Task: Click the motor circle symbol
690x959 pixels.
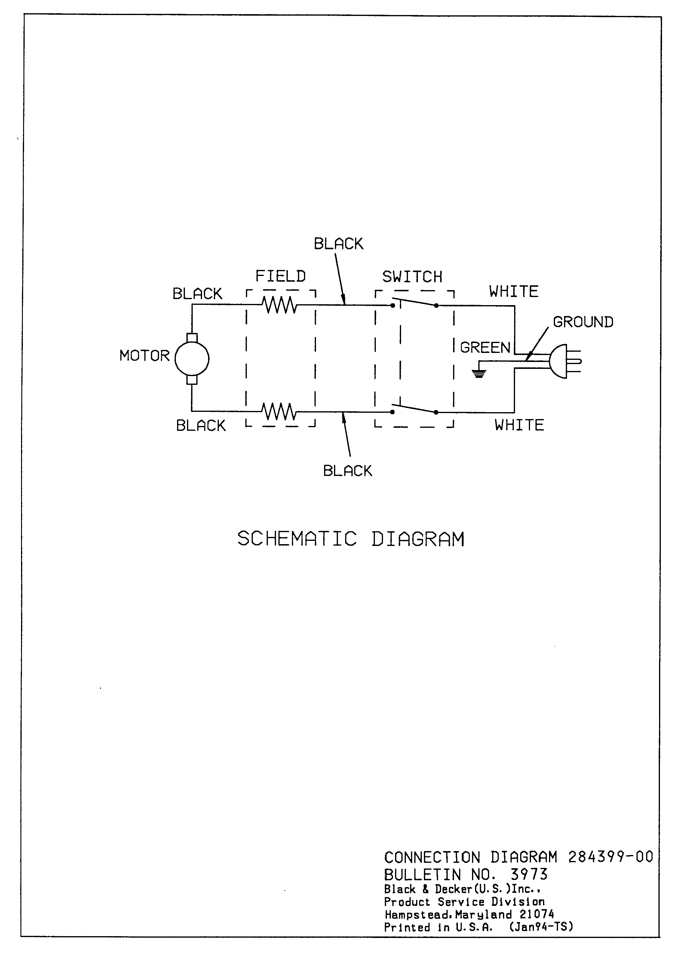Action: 192,359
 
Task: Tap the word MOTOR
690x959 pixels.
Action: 144,356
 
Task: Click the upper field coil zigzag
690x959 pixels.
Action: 279,305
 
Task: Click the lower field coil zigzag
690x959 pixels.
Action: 279,412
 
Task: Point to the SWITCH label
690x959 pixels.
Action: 412,277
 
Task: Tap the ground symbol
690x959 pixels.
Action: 479,373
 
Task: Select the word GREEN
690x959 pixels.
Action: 485,348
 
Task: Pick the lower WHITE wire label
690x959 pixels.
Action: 519,425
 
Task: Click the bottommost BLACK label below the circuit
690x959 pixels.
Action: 348,470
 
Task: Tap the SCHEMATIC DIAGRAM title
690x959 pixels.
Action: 351,539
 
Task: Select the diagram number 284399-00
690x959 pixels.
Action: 611,857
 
